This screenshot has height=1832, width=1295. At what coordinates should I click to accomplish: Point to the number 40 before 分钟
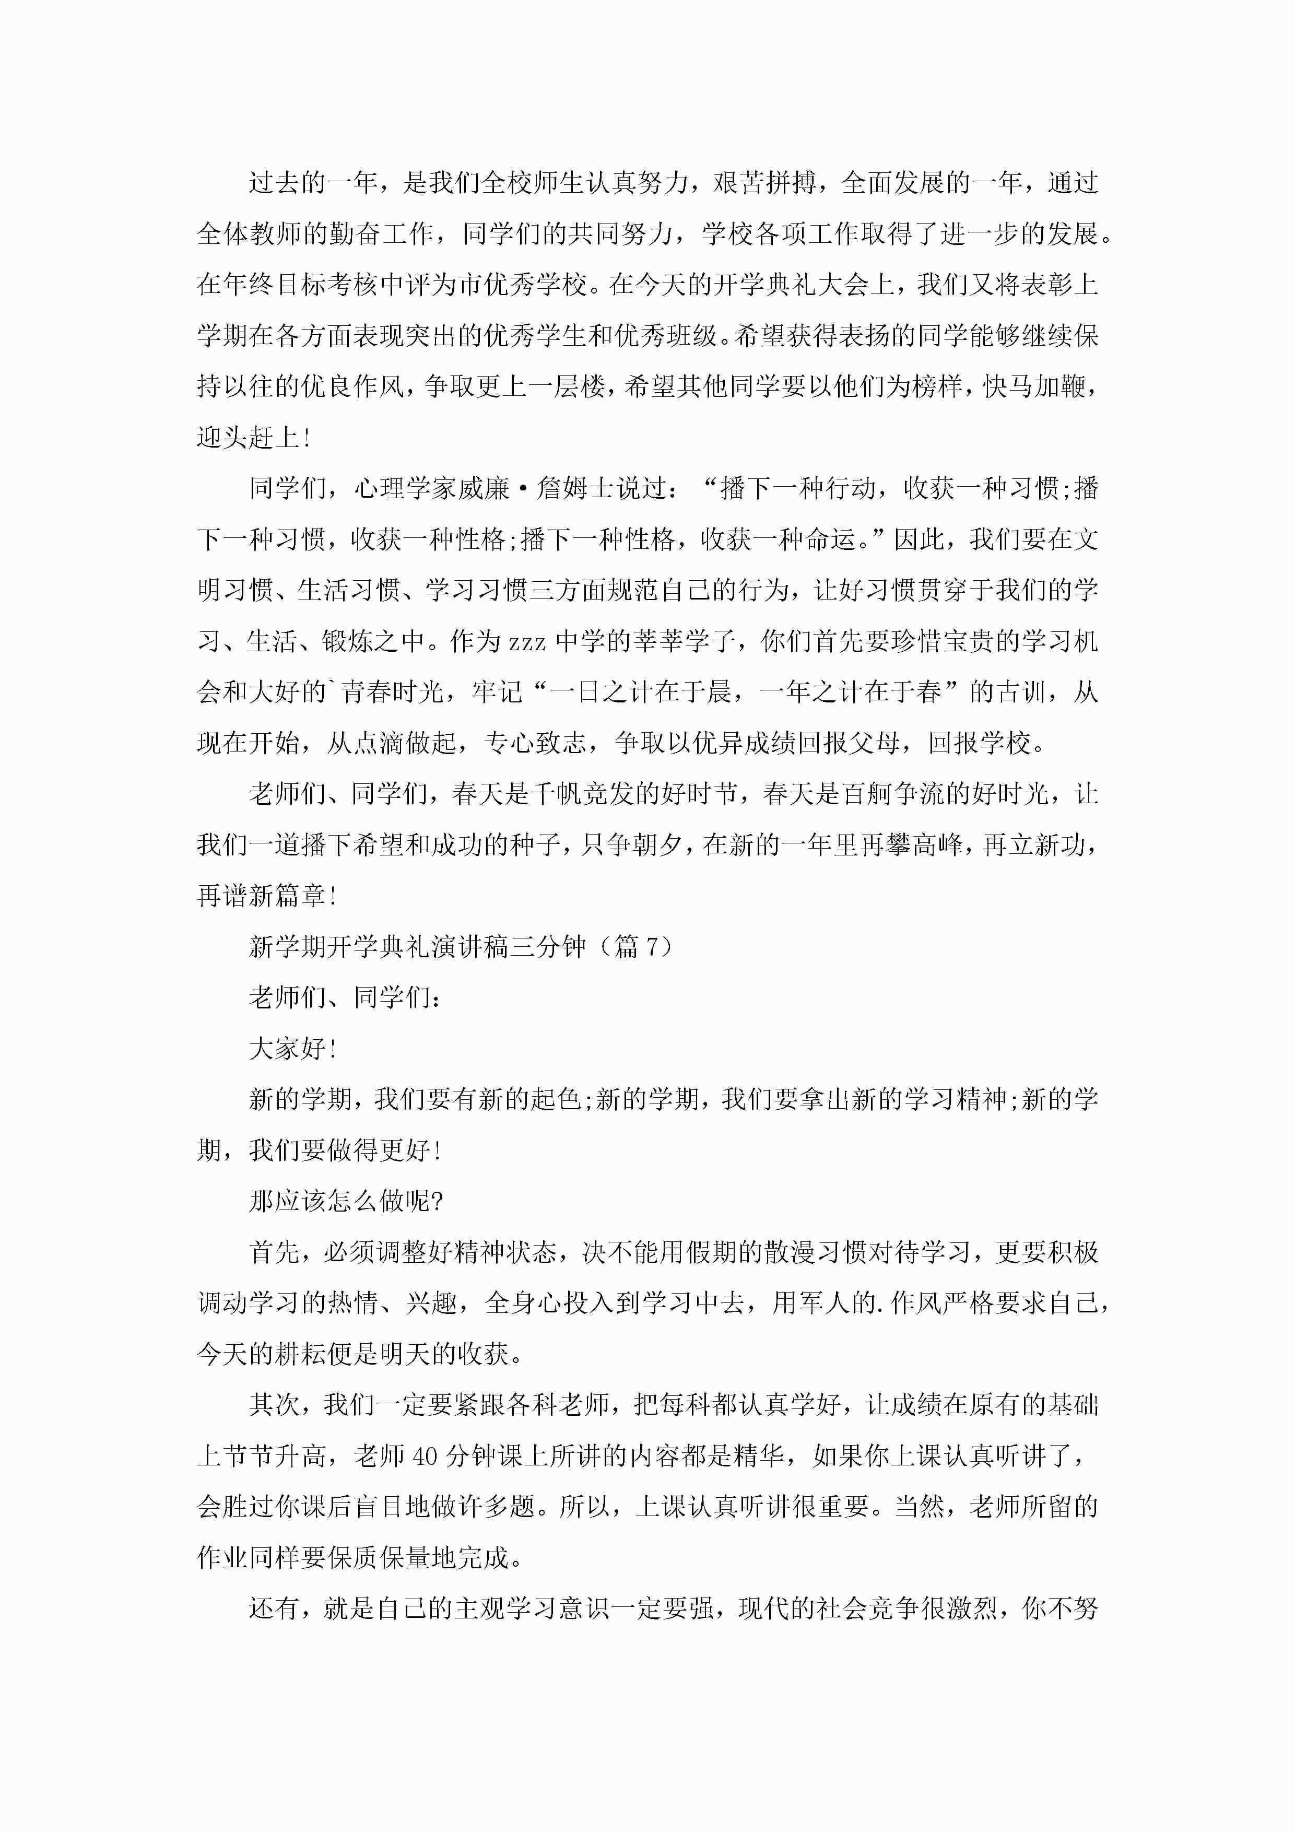[x=425, y=1456]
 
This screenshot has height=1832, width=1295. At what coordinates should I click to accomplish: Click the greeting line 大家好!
[x=292, y=1049]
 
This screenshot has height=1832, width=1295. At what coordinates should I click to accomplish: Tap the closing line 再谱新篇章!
[x=267, y=896]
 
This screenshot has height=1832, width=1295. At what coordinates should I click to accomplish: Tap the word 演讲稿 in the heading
[x=472, y=947]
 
